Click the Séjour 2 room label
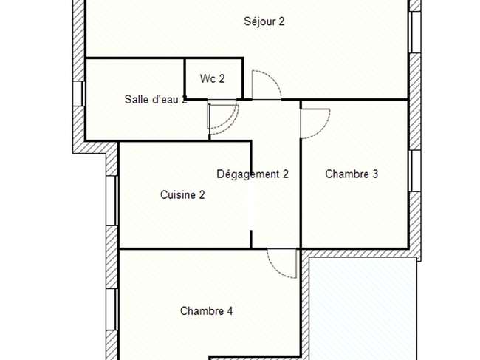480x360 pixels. [x=264, y=21]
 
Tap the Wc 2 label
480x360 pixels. [x=212, y=79]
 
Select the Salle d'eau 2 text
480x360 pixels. [x=156, y=99]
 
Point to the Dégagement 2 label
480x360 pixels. [x=253, y=174]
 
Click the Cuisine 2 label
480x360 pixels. [x=182, y=195]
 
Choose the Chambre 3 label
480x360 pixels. [x=352, y=174]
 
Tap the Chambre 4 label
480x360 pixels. [x=206, y=311]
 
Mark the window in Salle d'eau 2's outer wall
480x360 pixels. [x=79, y=93]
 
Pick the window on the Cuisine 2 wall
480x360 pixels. [x=112, y=200]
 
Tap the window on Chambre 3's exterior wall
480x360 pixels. [x=415, y=171]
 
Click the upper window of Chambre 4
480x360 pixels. [x=112, y=310]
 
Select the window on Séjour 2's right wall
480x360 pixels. [x=415, y=33]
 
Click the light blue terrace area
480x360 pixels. [x=363, y=308]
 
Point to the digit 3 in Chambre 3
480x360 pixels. [x=375, y=174]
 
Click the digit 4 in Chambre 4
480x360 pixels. [x=230, y=311]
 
